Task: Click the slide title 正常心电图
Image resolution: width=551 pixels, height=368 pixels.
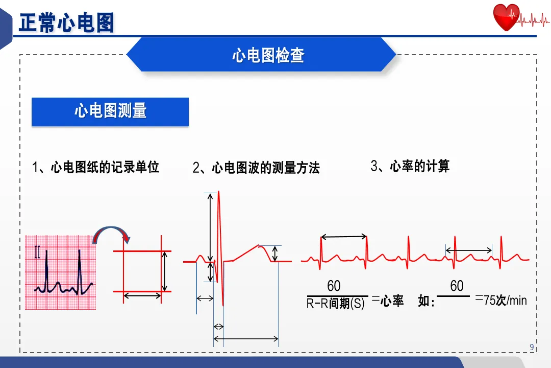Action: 66,23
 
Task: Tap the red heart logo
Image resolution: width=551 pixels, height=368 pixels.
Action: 506,18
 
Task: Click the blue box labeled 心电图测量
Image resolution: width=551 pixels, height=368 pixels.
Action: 110,111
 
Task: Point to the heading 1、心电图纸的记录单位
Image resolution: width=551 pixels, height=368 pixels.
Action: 95,167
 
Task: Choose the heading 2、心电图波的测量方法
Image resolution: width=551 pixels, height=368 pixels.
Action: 256,168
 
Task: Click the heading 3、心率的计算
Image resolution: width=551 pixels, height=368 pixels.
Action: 410,166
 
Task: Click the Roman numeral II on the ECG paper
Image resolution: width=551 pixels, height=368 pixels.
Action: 37,252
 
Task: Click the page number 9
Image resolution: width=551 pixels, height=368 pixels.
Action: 532,348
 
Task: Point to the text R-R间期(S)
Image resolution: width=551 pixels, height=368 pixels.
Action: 336,304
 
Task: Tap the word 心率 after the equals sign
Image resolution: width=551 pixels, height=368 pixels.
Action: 392,301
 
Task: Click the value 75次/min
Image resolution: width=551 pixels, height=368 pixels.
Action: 505,301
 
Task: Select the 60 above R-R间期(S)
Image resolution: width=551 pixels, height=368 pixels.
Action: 334,286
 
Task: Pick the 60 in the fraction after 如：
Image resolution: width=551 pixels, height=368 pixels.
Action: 457,286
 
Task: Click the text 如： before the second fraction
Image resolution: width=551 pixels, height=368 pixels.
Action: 426,302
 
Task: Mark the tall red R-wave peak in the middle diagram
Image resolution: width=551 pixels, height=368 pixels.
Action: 219,194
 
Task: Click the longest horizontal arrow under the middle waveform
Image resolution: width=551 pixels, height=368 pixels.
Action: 246,338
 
